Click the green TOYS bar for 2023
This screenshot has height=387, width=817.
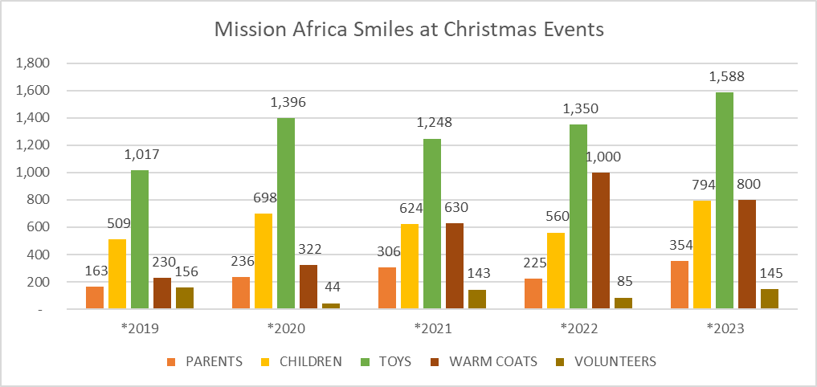pos(725,201)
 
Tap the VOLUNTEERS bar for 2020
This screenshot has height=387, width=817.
pos(331,306)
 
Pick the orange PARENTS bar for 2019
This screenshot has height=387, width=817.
pos(95,298)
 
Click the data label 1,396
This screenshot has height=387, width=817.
pos(288,103)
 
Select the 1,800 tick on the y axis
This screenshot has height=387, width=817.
pos(34,63)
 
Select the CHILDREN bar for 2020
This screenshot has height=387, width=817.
pos(263,262)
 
